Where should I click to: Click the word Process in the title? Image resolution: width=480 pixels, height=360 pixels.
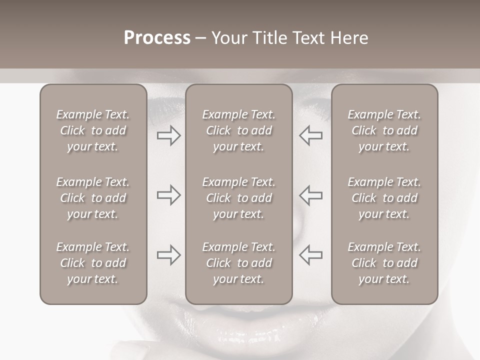(x=157, y=38)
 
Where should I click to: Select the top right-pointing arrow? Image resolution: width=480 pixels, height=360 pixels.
(x=168, y=135)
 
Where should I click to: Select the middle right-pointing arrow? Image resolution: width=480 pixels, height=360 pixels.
(x=168, y=195)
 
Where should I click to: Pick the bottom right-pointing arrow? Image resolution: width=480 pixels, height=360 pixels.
(x=168, y=255)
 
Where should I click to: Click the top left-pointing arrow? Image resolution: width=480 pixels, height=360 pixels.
(x=311, y=135)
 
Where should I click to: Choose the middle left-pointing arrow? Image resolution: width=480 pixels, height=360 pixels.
(x=311, y=195)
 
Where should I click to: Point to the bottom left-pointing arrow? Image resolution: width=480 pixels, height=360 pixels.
(x=311, y=255)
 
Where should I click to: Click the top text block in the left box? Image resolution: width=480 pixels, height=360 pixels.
(x=93, y=130)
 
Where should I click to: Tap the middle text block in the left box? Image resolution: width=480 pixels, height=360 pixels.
(x=93, y=198)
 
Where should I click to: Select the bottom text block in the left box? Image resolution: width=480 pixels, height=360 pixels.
(x=93, y=263)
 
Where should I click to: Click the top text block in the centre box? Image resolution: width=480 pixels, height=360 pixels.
(x=238, y=130)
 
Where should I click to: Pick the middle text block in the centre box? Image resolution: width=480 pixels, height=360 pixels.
(x=238, y=198)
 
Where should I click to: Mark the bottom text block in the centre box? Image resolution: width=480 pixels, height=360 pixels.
(x=238, y=263)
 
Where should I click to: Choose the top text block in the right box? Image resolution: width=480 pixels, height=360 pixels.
(x=384, y=130)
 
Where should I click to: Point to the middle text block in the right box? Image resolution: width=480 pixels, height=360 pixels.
(x=384, y=198)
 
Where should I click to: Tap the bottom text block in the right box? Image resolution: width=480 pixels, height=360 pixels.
(x=384, y=263)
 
